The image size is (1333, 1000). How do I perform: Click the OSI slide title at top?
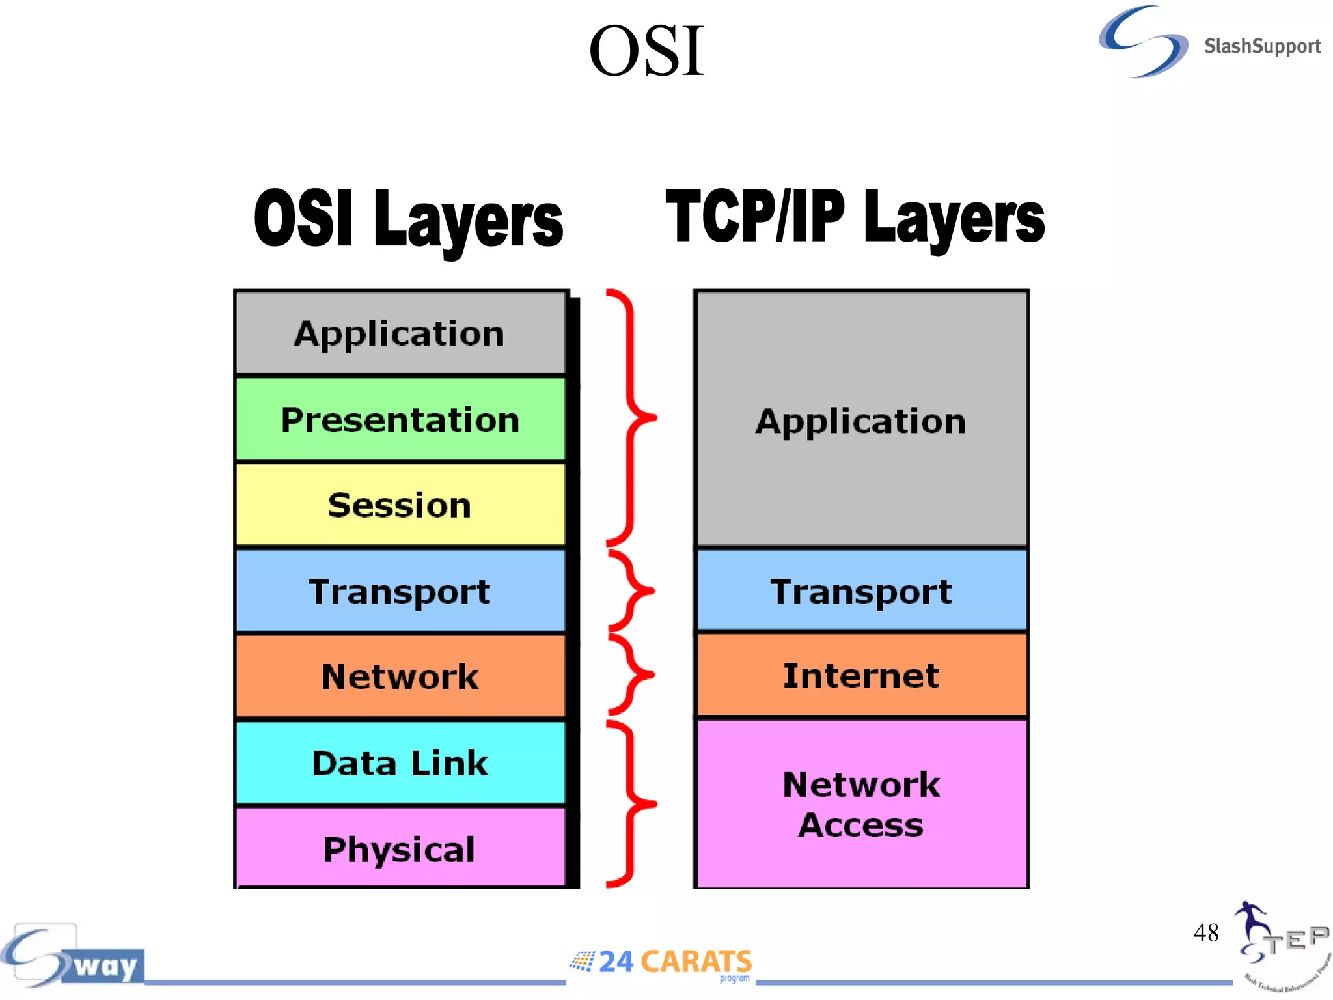tap(646, 51)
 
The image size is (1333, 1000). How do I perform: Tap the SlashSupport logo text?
tap(1261, 46)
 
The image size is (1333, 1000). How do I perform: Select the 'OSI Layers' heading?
tap(408, 219)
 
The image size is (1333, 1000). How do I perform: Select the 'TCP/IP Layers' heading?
tap(855, 218)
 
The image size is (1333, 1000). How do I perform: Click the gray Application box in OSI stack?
tap(400, 333)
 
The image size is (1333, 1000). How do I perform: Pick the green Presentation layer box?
tap(400, 419)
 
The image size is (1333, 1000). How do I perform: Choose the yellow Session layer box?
tap(400, 505)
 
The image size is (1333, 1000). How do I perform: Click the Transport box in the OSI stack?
tap(400, 591)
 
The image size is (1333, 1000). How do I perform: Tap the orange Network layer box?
tap(400, 676)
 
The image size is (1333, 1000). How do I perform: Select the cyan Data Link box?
tap(400, 763)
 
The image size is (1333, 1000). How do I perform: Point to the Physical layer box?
tap(400, 849)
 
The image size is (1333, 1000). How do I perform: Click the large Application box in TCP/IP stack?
tap(861, 420)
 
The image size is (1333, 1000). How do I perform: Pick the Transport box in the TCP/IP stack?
tap(861, 591)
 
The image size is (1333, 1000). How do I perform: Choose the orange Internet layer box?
tap(861, 675)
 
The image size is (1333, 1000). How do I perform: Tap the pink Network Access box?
tap(861, 804)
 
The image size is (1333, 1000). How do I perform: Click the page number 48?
tap(1205, 932)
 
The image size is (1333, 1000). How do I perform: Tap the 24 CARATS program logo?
tap(663, 963)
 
